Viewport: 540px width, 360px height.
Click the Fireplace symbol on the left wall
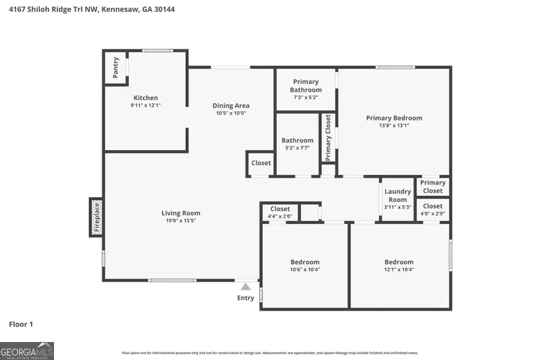point(95,217)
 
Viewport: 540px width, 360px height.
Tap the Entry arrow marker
point(245,287)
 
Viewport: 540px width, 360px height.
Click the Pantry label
point(116,67)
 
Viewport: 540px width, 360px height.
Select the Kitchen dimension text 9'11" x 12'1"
point(146,106)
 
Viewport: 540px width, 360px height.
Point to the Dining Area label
point(231,106)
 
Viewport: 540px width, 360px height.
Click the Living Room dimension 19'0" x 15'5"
point(181,221)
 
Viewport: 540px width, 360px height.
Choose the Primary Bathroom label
point(306,86)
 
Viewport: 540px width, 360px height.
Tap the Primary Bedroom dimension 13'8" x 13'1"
point(394,126)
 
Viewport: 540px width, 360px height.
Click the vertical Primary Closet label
point(328,138)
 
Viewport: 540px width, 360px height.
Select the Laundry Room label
point(398,196)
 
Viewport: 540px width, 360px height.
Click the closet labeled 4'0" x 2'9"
point(433,209)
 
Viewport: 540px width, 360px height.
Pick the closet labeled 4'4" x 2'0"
point(280,212)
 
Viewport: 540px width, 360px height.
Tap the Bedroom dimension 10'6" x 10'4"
point(305,269)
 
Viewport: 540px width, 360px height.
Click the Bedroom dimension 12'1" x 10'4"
point(399,269)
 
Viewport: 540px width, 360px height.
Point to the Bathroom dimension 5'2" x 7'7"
point(298,148)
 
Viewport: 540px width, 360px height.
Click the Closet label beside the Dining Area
point(261,163)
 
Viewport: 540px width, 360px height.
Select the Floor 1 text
point(21,324)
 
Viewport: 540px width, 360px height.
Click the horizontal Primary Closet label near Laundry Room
point(433,187)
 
